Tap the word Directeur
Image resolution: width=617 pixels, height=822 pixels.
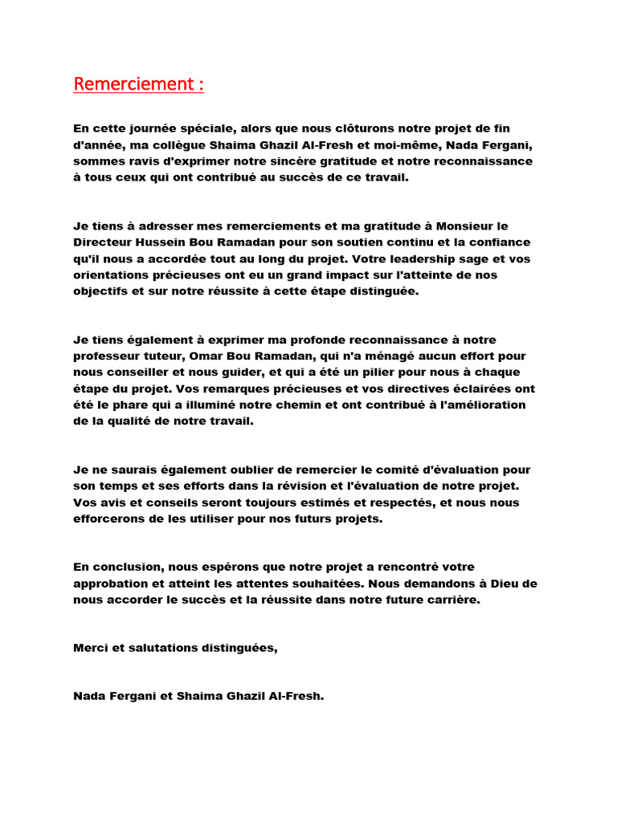point(102,242)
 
